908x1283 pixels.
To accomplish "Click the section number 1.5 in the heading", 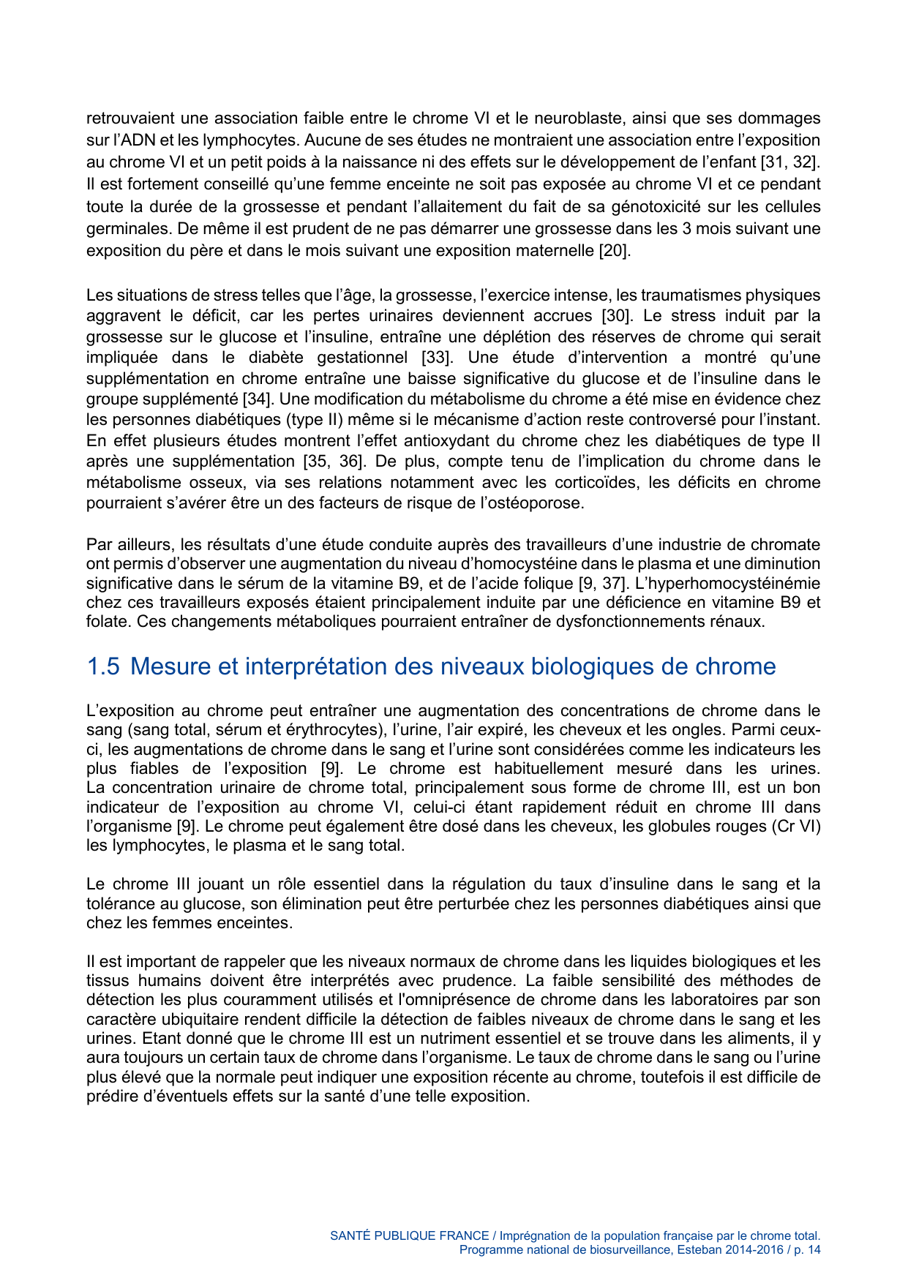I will (x=102, y=666).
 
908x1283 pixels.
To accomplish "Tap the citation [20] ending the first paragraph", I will (x=614, y=251).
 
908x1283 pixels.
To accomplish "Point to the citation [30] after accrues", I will (x=616, y=316).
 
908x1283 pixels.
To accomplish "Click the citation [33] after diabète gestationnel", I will (x=437, y=358).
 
